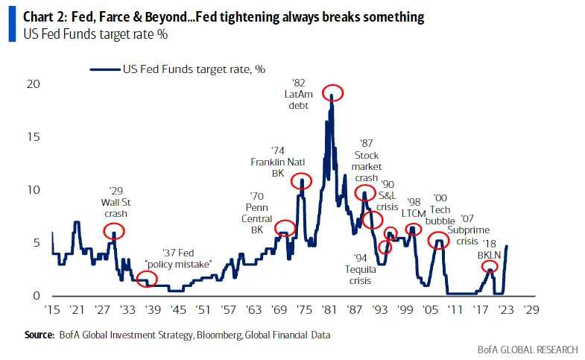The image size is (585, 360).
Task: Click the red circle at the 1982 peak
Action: click(x=332, y=92)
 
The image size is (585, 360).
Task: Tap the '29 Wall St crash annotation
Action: click(x=115, y=201)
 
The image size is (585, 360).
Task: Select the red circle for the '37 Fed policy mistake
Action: click(x=147, y=280)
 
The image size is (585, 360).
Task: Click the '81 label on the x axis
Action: click(x=328, y=309)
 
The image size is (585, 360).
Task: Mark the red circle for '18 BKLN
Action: click(x=490, y=266)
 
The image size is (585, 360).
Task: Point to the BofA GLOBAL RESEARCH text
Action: click(x=527, y=349)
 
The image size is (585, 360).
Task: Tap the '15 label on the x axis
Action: click(x=52, y=309)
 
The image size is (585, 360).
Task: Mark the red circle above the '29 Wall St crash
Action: click(x=114, y=231)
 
